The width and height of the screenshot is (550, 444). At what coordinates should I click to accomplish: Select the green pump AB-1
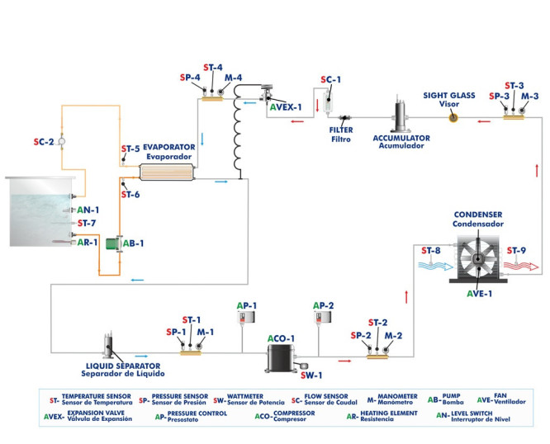pos(118,243)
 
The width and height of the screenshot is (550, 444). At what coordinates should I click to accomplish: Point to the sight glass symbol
pos(453,118)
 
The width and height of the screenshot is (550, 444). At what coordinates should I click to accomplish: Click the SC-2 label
pos(43,142)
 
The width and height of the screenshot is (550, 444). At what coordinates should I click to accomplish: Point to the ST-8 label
pos(431,249)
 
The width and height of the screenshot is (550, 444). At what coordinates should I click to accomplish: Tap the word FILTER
pos(340,130)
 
